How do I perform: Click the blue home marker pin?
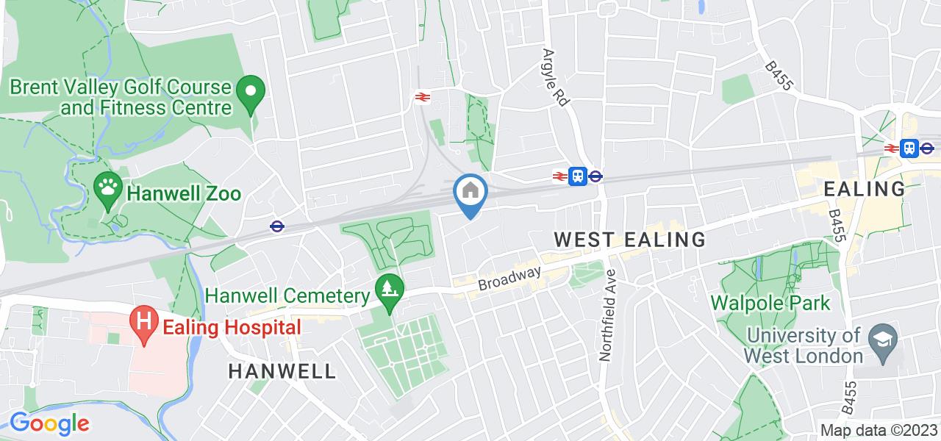(470, 193)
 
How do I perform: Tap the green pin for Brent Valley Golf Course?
(250, 93)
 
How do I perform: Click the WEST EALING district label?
(629, 240)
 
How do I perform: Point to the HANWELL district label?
(282, 370)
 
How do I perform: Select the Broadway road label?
(509, 278)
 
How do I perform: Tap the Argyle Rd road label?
(556, 79)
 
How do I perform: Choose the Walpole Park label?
(770, 303)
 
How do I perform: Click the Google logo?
(49, 423)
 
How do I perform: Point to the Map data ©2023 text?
(879, 431)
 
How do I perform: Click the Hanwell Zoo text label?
(184, 194)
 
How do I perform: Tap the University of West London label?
(803, 345)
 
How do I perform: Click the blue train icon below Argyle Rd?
(578, 176)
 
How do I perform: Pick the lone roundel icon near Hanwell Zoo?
(277, 226)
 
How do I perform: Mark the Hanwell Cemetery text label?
(287, 296)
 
